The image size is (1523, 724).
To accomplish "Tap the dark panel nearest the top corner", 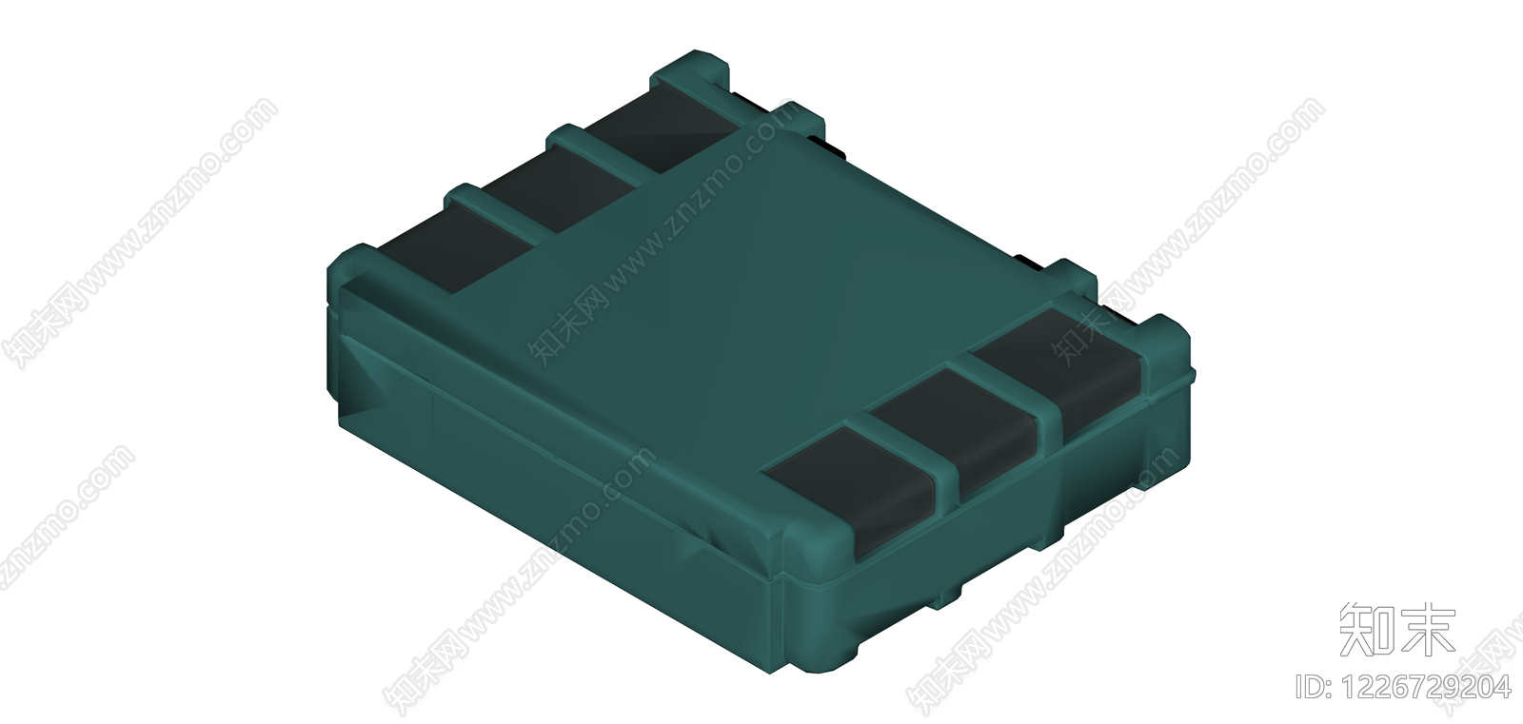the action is click(660, 133).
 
